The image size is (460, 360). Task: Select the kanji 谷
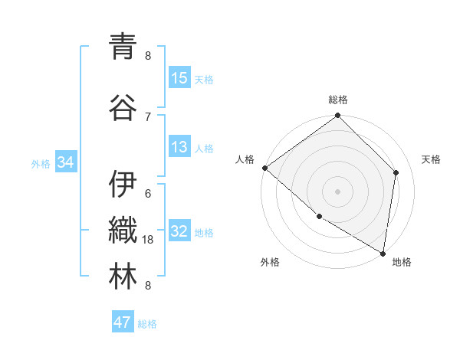pyautogui.click(x=123, y=107)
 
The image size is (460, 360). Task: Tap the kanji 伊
pyautogui.click(x=123, y=185)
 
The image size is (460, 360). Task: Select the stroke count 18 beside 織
pyautogui.click(x=149, y=240)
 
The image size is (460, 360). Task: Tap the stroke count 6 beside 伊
pyautogui.click(x=148, y=194)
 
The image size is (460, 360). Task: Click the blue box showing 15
pyautogui.click(x=179, y=78)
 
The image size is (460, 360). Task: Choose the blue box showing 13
pyautogui.click(x=179, y=147)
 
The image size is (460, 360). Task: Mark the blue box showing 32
pyautogui.click(x=179, y=231)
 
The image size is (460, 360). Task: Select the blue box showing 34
pyautogui.click(x=66, y=162)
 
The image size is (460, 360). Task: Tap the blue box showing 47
pyautogui.click(x=123, y=322)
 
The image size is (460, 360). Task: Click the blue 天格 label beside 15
pyautogui.click(x=204, y=80)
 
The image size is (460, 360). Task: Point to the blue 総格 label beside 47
pyautogui.click(x=147, y=324)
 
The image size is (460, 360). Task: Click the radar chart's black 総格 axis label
pyautogui.click(x=338, y=100)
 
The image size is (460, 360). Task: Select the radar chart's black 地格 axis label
pyautogui.click(x=402, y=262)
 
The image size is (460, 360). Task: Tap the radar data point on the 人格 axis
pyautogui.click(x=264, y=168)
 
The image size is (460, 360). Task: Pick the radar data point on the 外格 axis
pyautogui.click(x=319, y=217)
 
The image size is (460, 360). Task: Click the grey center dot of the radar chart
pyautogui.click(x=338, y=191)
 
